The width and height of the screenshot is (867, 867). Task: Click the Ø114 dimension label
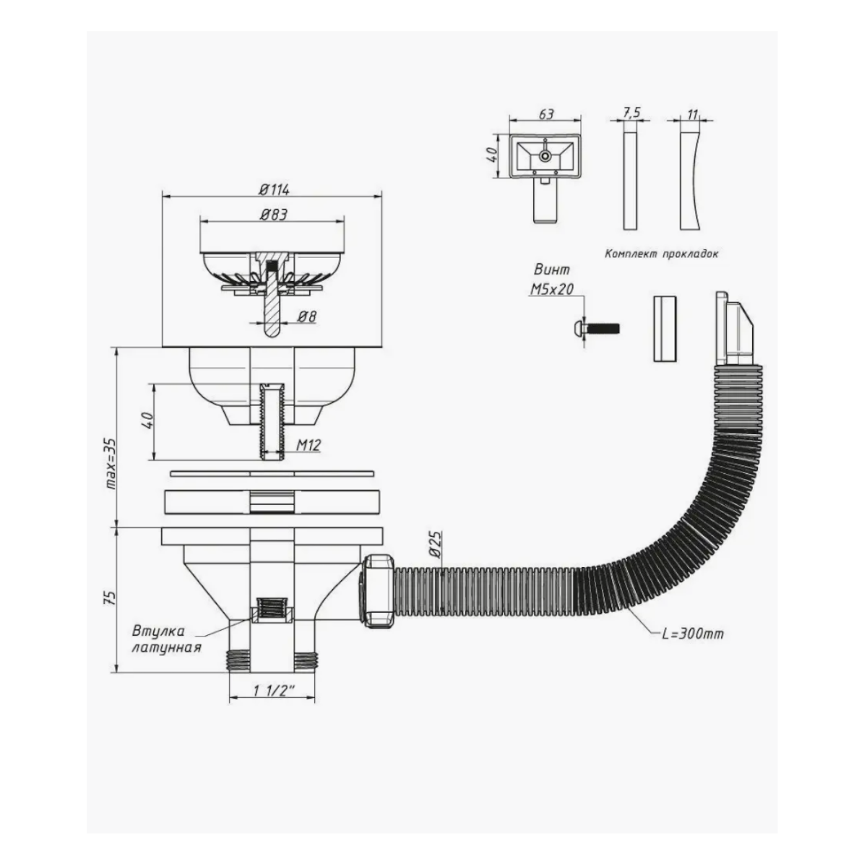[x=273, y=189]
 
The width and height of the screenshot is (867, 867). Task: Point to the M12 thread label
[x=308, y=447]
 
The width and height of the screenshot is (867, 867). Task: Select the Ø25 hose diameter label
[x=436, y=541]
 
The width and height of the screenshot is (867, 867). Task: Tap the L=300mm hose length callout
[x=691, y=634]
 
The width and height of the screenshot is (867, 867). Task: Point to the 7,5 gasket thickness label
[x=631, y=113]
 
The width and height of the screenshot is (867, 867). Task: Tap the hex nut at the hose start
[x=376, y=590]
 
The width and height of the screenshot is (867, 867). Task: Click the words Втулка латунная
[x=165, y=638]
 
